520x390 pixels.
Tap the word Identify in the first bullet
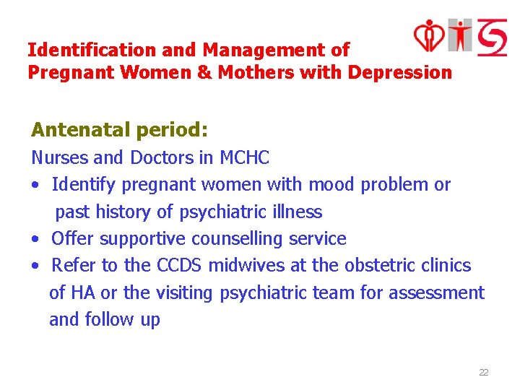83,185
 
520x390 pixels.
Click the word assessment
436,293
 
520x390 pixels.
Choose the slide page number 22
484,373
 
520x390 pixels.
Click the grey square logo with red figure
459,35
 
